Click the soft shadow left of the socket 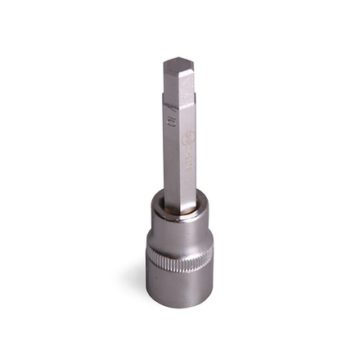tap(136, 282)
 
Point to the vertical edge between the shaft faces tap(179, 155)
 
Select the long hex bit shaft tap(179, 139)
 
